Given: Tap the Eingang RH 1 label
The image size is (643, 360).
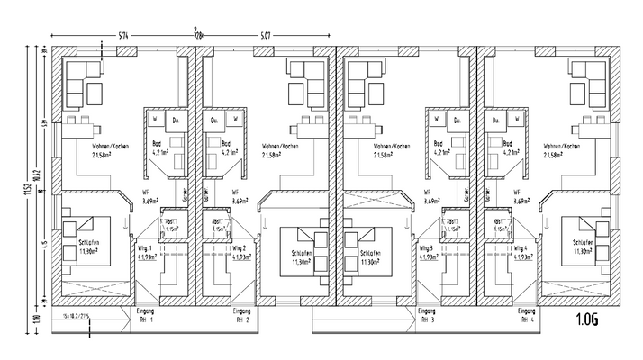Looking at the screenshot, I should click(145, 315).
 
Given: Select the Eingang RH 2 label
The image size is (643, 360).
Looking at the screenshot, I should click(241, 315).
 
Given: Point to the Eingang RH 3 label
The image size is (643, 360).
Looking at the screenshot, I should click(427, 315).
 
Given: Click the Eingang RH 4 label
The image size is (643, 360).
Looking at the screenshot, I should click(526, 315).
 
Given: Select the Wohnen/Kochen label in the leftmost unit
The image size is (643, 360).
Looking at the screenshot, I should click(107, 146).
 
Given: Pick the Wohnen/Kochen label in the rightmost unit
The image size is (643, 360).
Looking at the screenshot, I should click(559, 146).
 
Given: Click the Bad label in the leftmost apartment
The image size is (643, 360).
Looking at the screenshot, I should click(158, 143).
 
